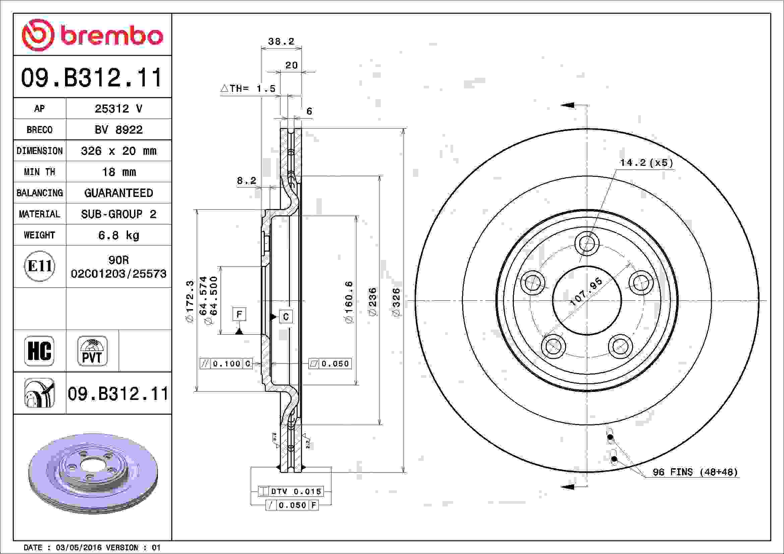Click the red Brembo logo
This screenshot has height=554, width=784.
click(x=92, y=35)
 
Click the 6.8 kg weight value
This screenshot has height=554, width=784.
click(x=118, y=235)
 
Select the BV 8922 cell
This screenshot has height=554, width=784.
click(x=118, y=130)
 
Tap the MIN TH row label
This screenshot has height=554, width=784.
click(x=39, y=172)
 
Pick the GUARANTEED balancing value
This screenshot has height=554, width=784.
click(x=118, y=193)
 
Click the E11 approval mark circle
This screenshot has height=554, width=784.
click(x=40, y=266)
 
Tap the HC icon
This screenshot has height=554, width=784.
click(x=39, y=351)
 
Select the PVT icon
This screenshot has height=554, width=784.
click(x=92, y=351)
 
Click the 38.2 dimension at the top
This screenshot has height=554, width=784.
click(x=281, y=42)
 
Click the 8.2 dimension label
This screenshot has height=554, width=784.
click(x=246, y=181)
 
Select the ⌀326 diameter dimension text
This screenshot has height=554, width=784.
click(x=396, y=302)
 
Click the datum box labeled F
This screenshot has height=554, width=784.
click(x=239, y=314)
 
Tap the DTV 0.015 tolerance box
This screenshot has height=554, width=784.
click(x=290, y=492)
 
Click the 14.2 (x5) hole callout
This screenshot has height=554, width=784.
click(x=646, y=163)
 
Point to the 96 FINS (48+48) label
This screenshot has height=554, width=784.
click(x=695, y=472)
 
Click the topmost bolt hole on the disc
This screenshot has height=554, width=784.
click(x=587, y=244)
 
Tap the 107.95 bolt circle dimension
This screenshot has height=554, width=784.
click(x=586, y=292)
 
